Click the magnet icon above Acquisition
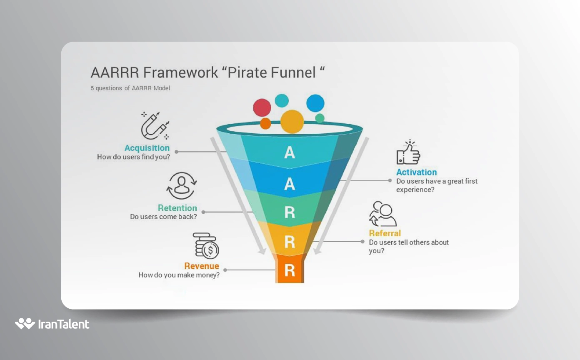coord(154,126)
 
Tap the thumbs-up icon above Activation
coord(408,152)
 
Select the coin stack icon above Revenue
coord(206,246)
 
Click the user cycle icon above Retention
coord(182,186)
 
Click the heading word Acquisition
coord(147,148)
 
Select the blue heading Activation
coord(416,172)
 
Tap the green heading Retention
coord(177,208)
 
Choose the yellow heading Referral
coord(385,233)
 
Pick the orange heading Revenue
coord(202,266)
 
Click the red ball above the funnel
coord(262,107)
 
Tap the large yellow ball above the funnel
coord(292,122)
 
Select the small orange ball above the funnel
coord(265,124)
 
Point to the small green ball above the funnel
coord(320,118)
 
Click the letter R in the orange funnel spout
coord(290,270)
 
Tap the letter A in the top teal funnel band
coord(290,153)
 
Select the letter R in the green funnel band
coord(290,212)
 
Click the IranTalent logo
coord(52,324)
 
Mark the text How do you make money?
coord(179,275)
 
